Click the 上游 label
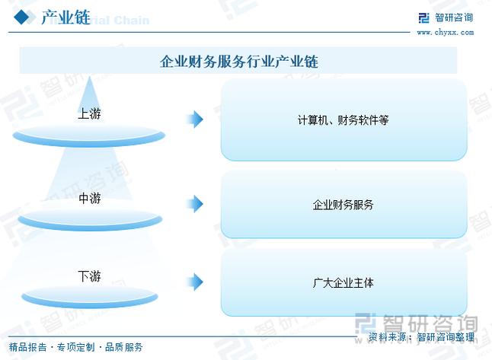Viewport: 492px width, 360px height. coord(89,113)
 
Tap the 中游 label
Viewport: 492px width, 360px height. coord(90,198)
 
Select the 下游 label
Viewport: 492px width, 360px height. coord(89,276)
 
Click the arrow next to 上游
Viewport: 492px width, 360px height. coord(195,119)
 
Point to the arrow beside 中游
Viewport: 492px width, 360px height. coord(195,204)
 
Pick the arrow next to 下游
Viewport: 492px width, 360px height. coord(195,282)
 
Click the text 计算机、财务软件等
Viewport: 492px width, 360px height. coord(343,120)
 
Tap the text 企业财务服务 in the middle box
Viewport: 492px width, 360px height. coord(343,205)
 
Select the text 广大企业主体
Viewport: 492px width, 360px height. coord(343,283)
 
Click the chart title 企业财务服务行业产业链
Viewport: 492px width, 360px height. coord(239,61)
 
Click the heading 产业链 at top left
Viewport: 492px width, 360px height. coord(66,18)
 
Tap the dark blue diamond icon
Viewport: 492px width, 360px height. coord(21,17)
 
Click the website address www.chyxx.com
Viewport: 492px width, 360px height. coord(446,32)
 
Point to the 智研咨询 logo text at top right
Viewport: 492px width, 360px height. coord(454,18)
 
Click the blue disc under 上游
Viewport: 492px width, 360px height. coord(89,135)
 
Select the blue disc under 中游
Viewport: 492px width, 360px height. coord(90,219)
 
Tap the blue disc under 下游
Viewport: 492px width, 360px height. coord(90,297)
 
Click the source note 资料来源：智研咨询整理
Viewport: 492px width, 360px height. coord(421,337)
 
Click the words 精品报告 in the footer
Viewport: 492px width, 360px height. coord(28,347)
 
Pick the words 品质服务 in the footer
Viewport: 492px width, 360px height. coord(124,347)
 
